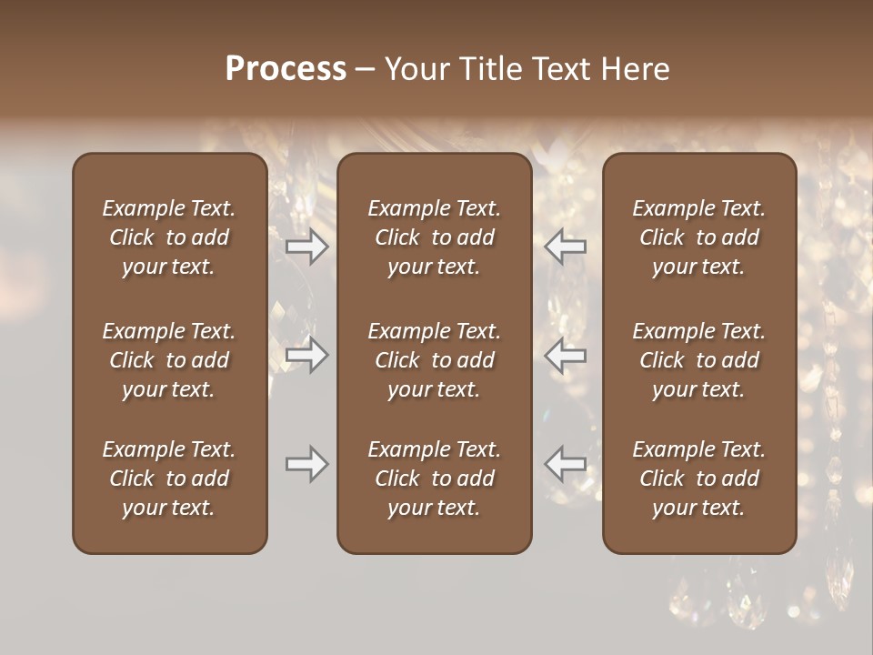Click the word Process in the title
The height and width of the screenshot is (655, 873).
point(286,69)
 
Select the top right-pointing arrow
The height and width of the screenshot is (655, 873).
point(307,246)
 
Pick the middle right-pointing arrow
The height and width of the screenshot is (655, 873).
point(307,355)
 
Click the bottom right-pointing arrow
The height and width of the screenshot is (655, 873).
point(307,464)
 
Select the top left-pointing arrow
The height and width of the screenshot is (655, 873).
point(566,246)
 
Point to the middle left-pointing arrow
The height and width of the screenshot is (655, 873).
point(566,355)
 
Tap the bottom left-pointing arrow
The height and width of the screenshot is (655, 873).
point(566,464)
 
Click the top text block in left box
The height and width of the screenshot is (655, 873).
point(169,237)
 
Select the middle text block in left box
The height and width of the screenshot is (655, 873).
point(169,360)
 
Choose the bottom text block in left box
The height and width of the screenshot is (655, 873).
point(169,479)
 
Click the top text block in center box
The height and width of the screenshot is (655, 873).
point(434,237)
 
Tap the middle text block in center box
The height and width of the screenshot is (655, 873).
point(434,360)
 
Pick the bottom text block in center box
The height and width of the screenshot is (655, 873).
point(434,479)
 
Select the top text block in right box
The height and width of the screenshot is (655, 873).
point(698,237)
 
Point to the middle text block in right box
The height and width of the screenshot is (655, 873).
point(698,360)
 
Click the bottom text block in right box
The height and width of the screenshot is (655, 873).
point(698,479)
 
